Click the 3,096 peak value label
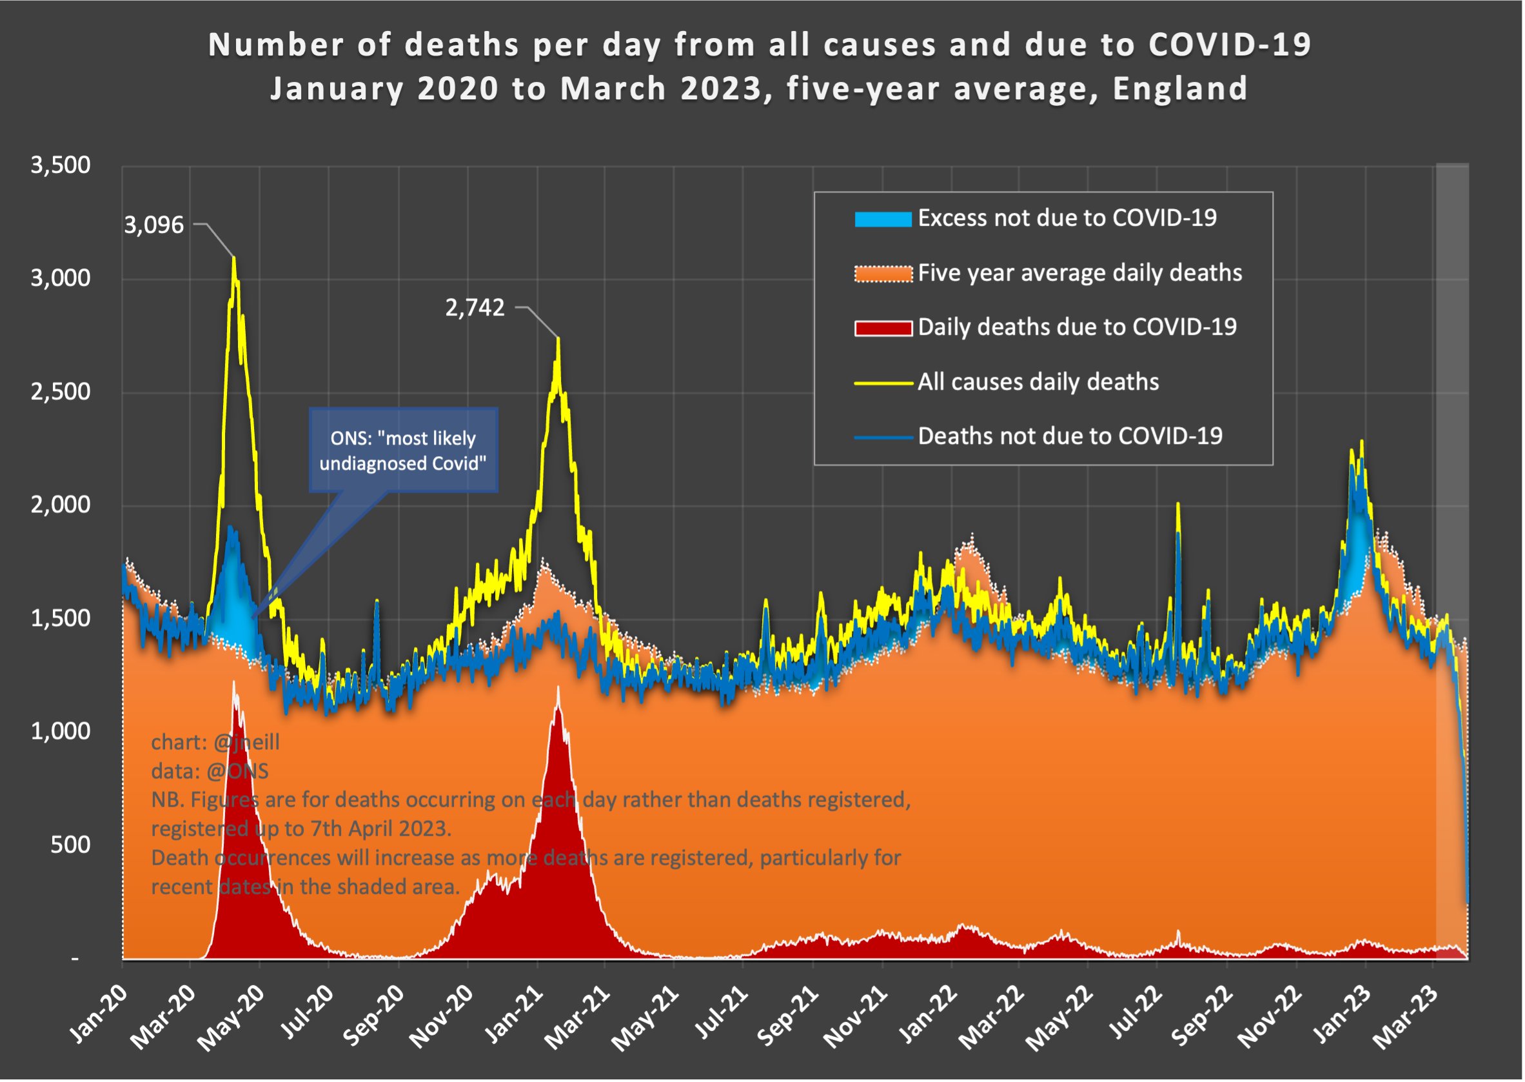(154, 226)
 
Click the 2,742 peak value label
(475, 308)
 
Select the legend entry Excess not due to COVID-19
(1068, 219)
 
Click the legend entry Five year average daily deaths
(1081, 273)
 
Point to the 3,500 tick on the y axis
(61, 166)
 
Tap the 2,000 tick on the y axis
(61, 506)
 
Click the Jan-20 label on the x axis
(98, 1016)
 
